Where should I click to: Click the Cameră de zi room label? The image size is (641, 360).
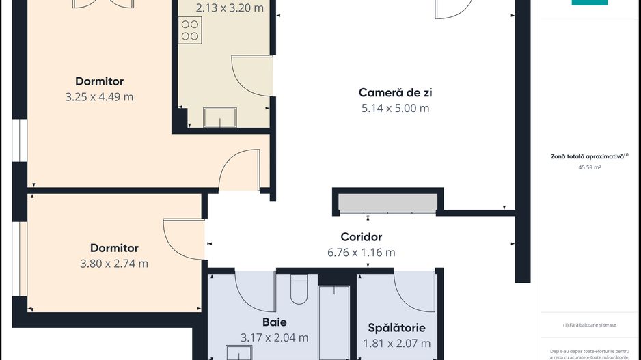click(x=395, y=92)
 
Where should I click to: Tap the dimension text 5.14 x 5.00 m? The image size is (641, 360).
click(x=395, y=108)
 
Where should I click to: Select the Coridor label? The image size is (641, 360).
click(x=361, y=237)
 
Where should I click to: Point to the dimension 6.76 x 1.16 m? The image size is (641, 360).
click(x=361, y=252)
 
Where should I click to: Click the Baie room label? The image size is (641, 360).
click(x=274, y=322)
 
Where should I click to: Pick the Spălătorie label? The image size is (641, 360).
click(x=396, y=328)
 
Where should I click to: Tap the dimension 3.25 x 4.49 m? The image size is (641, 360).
click(x=99, y=97)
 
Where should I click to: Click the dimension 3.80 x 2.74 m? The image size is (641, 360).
click(x=114, y=264)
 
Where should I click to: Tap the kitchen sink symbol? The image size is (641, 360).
click(x=220, y=117)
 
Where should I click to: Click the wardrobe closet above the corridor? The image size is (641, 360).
click(x=387, y=203)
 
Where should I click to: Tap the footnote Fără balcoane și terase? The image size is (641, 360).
click(x=589, y=325)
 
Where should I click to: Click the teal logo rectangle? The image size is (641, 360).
click(x=589, y=3)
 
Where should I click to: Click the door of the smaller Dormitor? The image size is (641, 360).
click(x=183, y=239)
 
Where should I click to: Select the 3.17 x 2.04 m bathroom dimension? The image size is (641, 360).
click(x=274, y=337)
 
